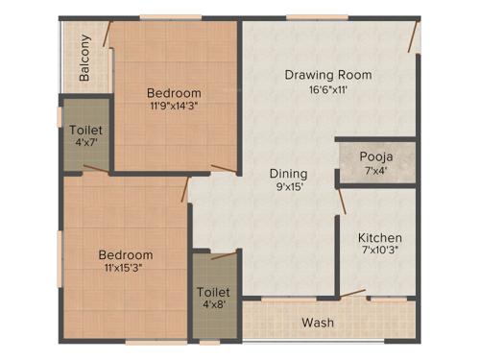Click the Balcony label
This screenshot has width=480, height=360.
tap(85, 58)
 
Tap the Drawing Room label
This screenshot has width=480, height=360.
tap(327, 74)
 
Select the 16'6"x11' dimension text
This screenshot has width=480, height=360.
tap(327, 90)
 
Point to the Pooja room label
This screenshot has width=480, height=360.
tap(374, 156)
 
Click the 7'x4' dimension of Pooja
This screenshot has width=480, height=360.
tap(374, 171)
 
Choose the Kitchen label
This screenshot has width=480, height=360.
tap(380, 238)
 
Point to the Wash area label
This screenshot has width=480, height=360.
tap(318, 323)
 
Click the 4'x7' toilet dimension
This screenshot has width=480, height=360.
tap(85, 142)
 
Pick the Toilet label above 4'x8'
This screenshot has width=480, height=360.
tap(213, 292)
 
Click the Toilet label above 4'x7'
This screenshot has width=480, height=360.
tap(85, 128)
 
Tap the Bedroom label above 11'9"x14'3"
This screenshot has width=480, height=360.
tap(174, 93)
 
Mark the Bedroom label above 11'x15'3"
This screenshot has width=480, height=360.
tap(126, 254)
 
